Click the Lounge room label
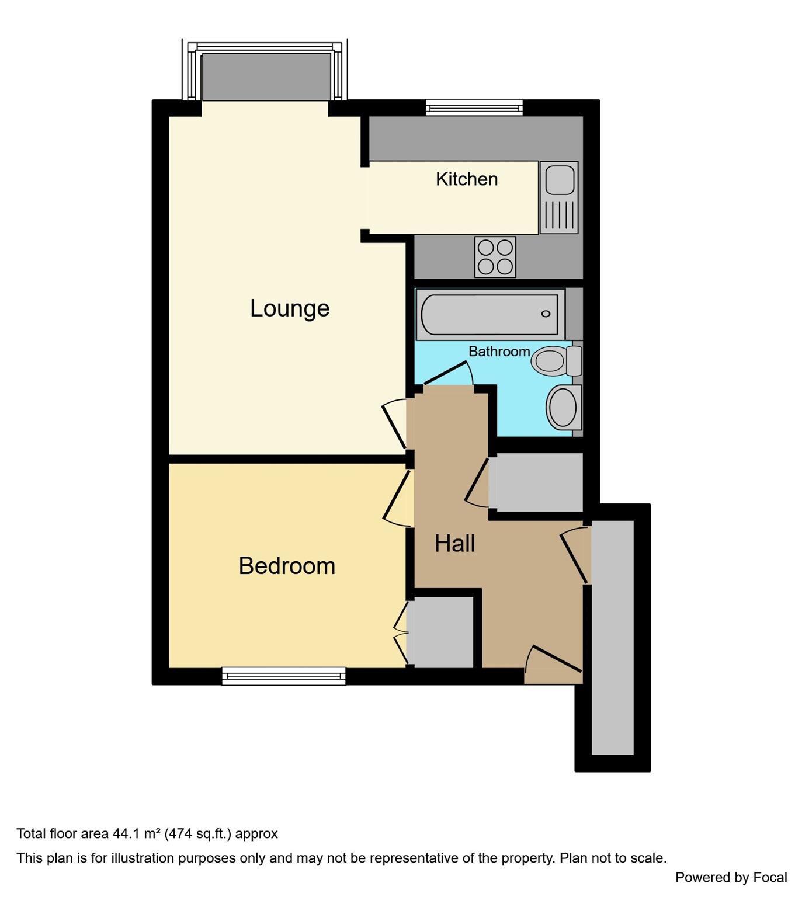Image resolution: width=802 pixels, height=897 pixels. tap(290, 308)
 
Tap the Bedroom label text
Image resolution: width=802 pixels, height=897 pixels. tap(287, 566)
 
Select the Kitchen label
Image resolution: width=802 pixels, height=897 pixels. tap(467, 179)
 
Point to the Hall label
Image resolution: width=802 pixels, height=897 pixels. tap(454, 544)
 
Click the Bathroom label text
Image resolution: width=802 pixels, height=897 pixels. tap(499, 352)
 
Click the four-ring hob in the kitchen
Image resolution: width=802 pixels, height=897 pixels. tap(495, 257)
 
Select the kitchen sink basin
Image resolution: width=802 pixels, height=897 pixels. tap(559, 179)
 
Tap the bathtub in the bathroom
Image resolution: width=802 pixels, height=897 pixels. tap(489, 314)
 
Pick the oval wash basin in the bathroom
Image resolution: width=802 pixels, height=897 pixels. tap(563, 407)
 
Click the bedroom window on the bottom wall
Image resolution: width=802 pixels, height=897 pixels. tap(284, 676)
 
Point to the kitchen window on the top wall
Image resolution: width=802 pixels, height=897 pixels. tap(474, 107)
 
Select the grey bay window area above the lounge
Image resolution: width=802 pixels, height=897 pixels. tap(266, 77)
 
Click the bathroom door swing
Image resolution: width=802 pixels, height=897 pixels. tap(449, 375)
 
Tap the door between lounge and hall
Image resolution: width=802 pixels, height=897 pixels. tap(395, 423)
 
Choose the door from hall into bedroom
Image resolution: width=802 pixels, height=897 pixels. tap(397, 496)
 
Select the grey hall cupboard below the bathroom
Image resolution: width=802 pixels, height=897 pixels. tap(536, 482)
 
